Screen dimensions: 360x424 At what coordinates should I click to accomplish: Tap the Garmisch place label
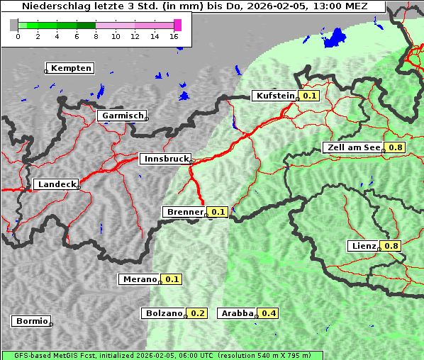[x=123, y=116]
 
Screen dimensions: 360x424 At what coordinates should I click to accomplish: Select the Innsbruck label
[x=165, y=159]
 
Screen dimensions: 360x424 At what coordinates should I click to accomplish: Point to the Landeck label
[x=57, y=184]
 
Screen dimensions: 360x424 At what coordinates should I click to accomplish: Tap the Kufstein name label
[x=275, y=96]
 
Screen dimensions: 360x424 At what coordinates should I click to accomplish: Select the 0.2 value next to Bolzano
[x=197, y=313]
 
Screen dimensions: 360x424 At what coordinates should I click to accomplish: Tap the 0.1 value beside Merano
[x=172, y=279]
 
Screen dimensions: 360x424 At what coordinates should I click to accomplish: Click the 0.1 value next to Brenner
[x=218, y=212]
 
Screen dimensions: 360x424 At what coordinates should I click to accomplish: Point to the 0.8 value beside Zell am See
[x=395, y=147]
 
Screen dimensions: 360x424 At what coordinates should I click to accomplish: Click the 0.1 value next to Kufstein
[x=310, y=96]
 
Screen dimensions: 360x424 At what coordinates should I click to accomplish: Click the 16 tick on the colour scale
[x=174, y=36]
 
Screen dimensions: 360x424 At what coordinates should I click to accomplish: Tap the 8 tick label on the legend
[x=95, y=36]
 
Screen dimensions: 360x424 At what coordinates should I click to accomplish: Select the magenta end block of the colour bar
[x=177, y=25]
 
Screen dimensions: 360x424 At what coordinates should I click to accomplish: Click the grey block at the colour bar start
[x=14, y=25]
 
